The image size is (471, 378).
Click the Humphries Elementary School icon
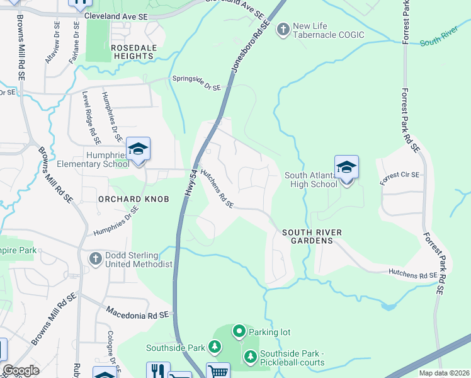click(x=138, y=149)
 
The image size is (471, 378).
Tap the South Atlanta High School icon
click(x=346, y=168)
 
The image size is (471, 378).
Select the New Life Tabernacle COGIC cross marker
click(x=283, y=29)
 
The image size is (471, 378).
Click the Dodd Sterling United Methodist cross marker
click(x=95, y=258)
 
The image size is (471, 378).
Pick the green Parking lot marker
click(x=239, y=331)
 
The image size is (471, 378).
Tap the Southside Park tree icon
click(x=215, y=347)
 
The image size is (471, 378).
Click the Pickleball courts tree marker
click(x=250, y=357)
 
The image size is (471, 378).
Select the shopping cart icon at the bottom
click(x=218, y=371)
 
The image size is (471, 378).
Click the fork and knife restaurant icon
click(x=158, y=370)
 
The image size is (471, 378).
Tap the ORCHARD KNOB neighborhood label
click(x=133, y=199)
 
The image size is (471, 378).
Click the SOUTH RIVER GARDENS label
click(x=312, y=237)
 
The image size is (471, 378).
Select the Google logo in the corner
click(x=21, y=370)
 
